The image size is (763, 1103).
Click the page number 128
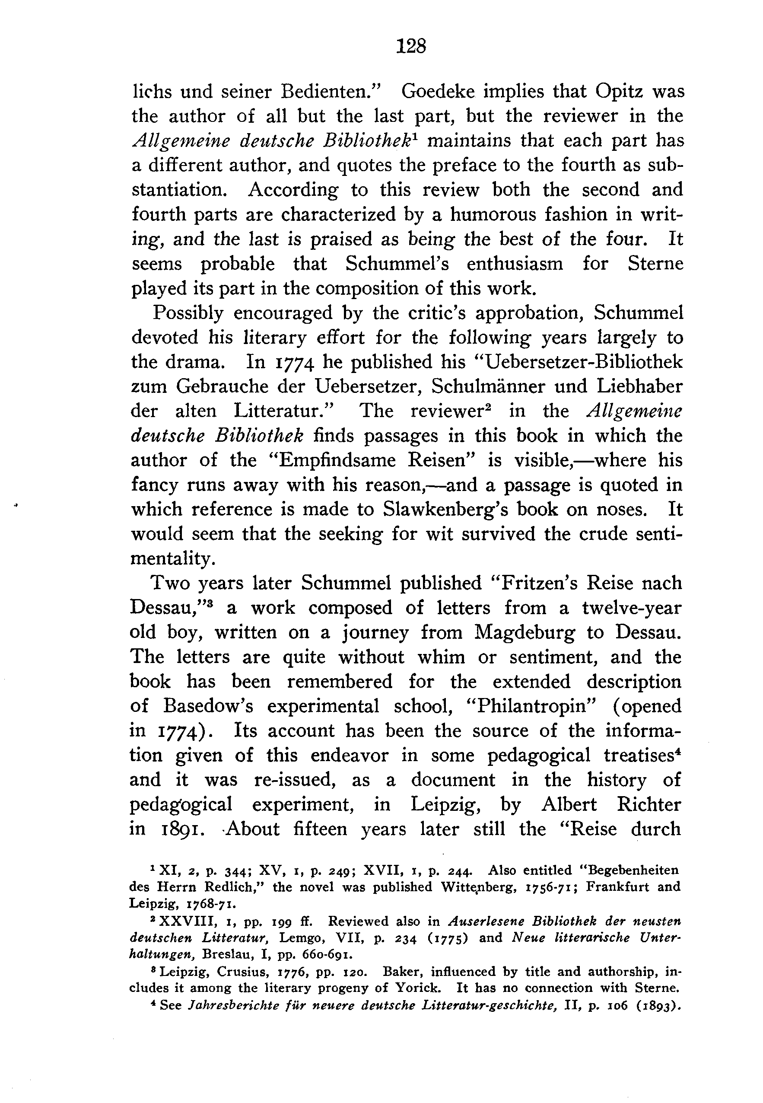click(x=410, y=46)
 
